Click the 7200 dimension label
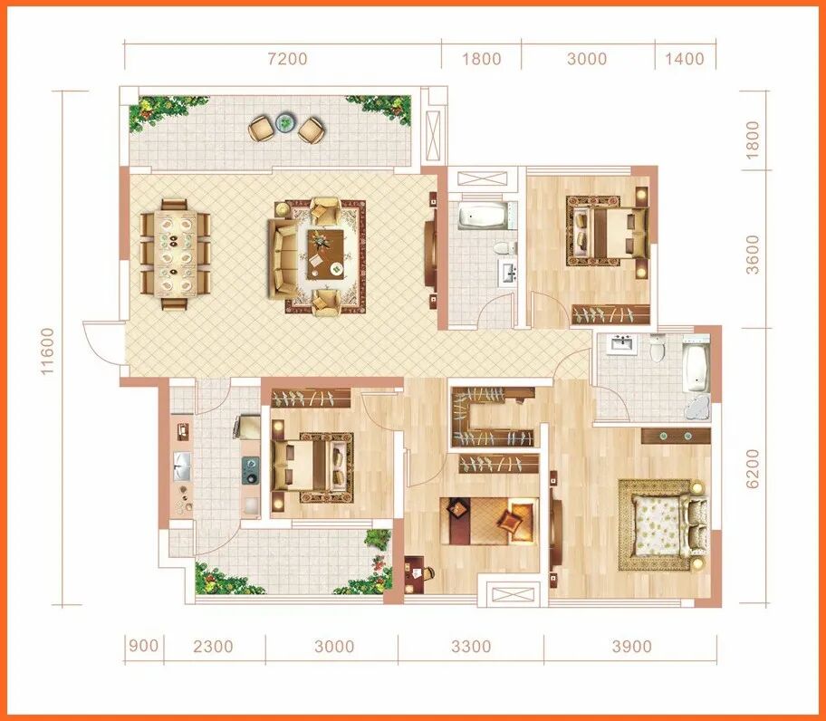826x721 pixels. pyautogui.click(x=287, y=59)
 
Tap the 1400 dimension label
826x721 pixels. pyautogui.click(x=685, y=59)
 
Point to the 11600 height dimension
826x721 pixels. pyautogui.click(x=47, y=351)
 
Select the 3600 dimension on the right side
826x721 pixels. pyautogui.click(x=754, y=255)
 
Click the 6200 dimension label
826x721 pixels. pyautogui.click(x=754, y=468)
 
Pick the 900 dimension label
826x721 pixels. pyautogui.click(x=143, y=645)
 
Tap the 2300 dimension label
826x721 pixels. pyautogui.click(x=213, y=646)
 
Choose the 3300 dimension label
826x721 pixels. pyautogui.click(x=471, y=646)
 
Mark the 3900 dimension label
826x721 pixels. pyautogui.click(x=631, y=646)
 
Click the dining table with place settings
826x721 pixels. pyautogui.click(x=176, y=255)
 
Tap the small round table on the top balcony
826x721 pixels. pyautogui.click(x=285, y=122)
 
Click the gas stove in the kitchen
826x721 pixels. pyautogui.click(x=251, y=470)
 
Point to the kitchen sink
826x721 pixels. pyautogui.click(x=182, y=466)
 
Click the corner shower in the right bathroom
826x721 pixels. pyautogui.click(x=698, y=407)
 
